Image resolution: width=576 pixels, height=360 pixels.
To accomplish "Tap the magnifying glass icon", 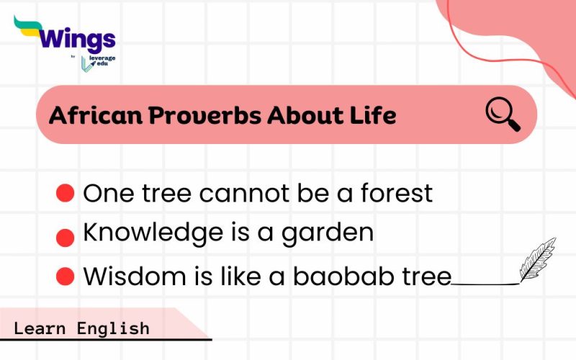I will coord(503,114).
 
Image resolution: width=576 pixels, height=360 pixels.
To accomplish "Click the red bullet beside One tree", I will coord(66,193).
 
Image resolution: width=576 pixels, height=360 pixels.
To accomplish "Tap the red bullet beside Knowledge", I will coord(66,237).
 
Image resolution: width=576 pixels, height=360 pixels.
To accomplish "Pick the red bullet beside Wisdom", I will coord(66,275).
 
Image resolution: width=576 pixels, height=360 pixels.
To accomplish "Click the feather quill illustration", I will coord(537,259).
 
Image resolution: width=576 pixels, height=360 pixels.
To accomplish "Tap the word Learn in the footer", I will coord(40,328).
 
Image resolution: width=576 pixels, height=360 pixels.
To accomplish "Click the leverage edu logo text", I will coord(101,61).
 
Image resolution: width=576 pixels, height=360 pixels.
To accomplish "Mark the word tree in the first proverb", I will coord(167,193).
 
